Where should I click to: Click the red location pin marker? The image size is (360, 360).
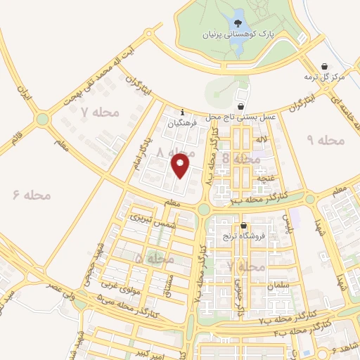click(x=181, y=166)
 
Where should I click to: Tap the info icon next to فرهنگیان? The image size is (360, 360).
click(x=183, y=112)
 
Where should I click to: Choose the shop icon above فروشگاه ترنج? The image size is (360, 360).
click(x=243, y=226)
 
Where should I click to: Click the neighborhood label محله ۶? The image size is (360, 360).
click(x=32, y=195)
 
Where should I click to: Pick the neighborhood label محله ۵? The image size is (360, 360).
click(x=153, y=259)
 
